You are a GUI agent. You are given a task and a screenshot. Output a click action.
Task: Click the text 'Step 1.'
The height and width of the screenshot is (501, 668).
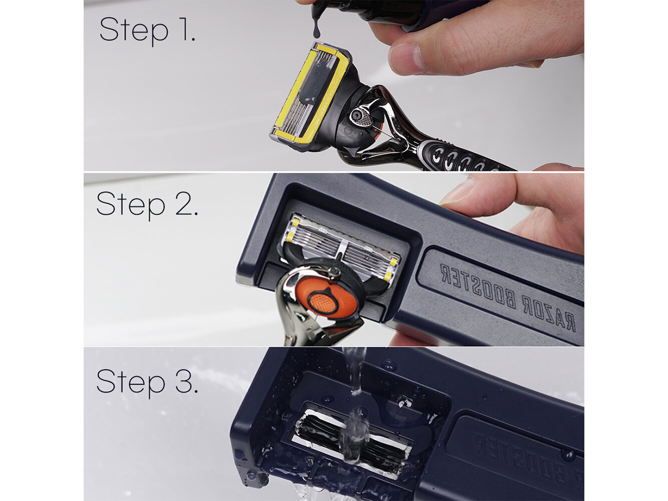click(x=147, y=30)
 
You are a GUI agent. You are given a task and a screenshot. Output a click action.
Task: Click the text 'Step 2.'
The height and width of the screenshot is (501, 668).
click(x=147, y=204)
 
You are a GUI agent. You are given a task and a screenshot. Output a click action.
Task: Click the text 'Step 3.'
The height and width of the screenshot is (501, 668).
click(x=147, y=382)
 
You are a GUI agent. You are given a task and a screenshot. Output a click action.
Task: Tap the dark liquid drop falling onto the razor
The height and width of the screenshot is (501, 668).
click(x=316, y=31)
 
